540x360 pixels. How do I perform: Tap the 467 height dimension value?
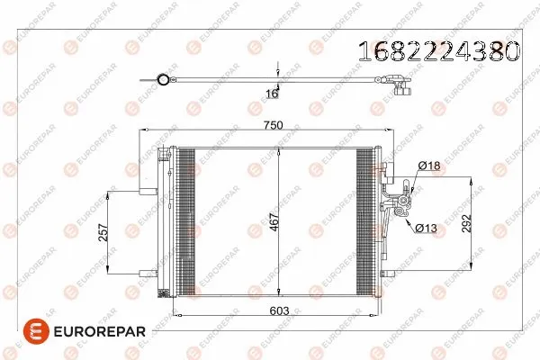pos(274,221)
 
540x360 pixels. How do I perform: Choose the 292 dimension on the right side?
pos(464,223)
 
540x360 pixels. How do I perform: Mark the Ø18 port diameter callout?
pos(429,166)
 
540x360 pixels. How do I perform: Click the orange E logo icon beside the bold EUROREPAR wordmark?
pos(32,332)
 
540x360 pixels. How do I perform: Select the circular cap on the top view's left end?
pos(163,81)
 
